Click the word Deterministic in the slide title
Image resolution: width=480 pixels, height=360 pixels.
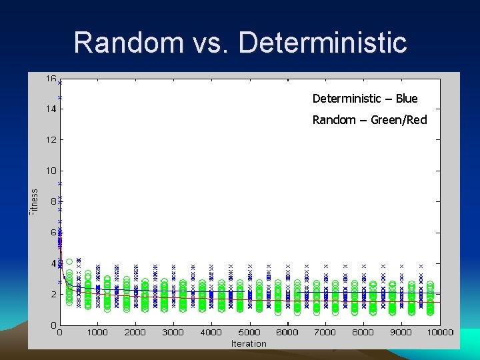322,42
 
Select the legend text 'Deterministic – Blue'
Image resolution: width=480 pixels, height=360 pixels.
365,99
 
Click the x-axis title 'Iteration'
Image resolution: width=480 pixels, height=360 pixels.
249,343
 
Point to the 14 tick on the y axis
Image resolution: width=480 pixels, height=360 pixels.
51,109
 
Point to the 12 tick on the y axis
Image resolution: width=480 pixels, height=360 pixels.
51,140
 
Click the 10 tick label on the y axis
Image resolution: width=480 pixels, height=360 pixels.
51,171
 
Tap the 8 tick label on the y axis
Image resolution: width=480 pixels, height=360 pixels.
53,202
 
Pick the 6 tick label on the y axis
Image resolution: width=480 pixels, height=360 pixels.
53,233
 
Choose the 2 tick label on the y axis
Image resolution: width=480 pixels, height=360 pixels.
53,294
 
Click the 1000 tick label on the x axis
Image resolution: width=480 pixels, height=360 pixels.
97,332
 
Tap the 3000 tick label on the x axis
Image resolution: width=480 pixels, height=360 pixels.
173,332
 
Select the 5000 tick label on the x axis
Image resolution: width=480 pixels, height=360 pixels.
249,332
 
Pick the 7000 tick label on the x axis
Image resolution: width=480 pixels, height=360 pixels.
325,332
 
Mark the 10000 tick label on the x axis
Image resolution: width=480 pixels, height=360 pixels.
440,332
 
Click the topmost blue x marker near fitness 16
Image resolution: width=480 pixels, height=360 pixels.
60,83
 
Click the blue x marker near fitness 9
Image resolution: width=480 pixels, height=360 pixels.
60,183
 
